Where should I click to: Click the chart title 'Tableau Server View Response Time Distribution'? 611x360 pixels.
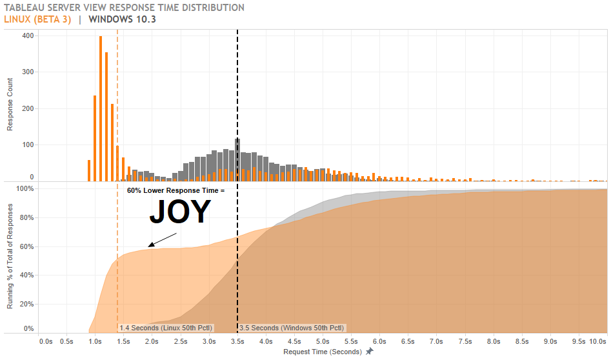[x=124, y=8]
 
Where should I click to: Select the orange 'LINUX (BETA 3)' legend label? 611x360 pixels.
[x=37, y=19]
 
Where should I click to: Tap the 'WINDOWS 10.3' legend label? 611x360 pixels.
[x=123, y=19]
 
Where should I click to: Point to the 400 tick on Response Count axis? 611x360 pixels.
[x=27, y=35]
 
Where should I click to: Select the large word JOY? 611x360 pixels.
[x=180, y=212]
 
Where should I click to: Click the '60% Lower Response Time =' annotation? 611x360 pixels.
[x=175, y=191]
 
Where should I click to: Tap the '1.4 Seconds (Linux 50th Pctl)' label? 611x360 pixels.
[x=166, y=328]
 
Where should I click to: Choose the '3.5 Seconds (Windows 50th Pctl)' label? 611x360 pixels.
[x=292, y=328]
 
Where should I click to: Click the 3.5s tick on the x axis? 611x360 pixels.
[x=237, y=341]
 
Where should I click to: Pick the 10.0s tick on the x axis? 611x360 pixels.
[x=597, y=341]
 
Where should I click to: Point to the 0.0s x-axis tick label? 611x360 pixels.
[x=46, y=341]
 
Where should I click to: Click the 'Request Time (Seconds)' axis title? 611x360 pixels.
[x=323, y=352]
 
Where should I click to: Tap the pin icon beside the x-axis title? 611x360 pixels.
[x=369, y=352]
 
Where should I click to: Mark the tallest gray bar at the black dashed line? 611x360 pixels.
[x=237, y=158]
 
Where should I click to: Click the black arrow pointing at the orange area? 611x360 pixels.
[x=162, y=239]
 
